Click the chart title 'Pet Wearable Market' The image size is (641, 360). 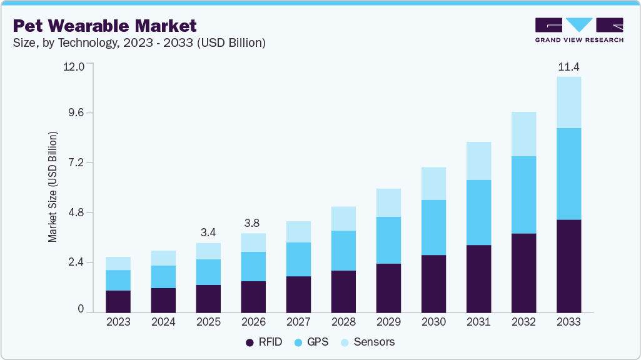click(x=104, y=26)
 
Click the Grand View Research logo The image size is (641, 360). click(x=579, y=29)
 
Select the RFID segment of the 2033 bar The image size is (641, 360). click(x=568, y=266)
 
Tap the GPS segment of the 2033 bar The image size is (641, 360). click(x=568, y=174)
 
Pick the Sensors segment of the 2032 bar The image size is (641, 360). click(x=523, y=134)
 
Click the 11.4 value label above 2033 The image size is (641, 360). click(x=568, y=66)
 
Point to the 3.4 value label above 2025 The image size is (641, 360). click(x=208, y=232)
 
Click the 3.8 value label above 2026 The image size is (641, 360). click(x=253, y=223)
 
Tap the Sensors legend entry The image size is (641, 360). click(x=368, y=342)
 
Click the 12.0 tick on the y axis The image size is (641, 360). click(x=73, y=66)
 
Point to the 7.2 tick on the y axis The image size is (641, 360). click(x=75, y=163)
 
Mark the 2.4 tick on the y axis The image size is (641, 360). click(x=75, y=262)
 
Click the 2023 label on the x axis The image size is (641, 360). click(x=118, y=322)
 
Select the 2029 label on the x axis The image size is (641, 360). click(x=388, y=322)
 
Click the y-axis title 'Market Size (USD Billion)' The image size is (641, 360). click(x=53, y=187)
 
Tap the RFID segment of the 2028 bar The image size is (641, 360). click(x=343, y=291)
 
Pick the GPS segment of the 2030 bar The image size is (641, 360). click(x=433, y=227)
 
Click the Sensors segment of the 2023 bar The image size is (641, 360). click(x=118, y=263)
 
